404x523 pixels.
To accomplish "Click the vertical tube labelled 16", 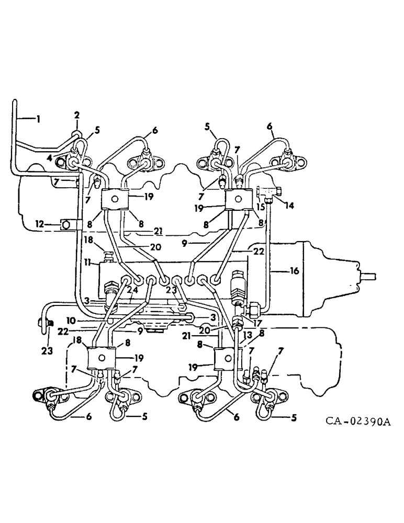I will [x=267, y=261].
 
